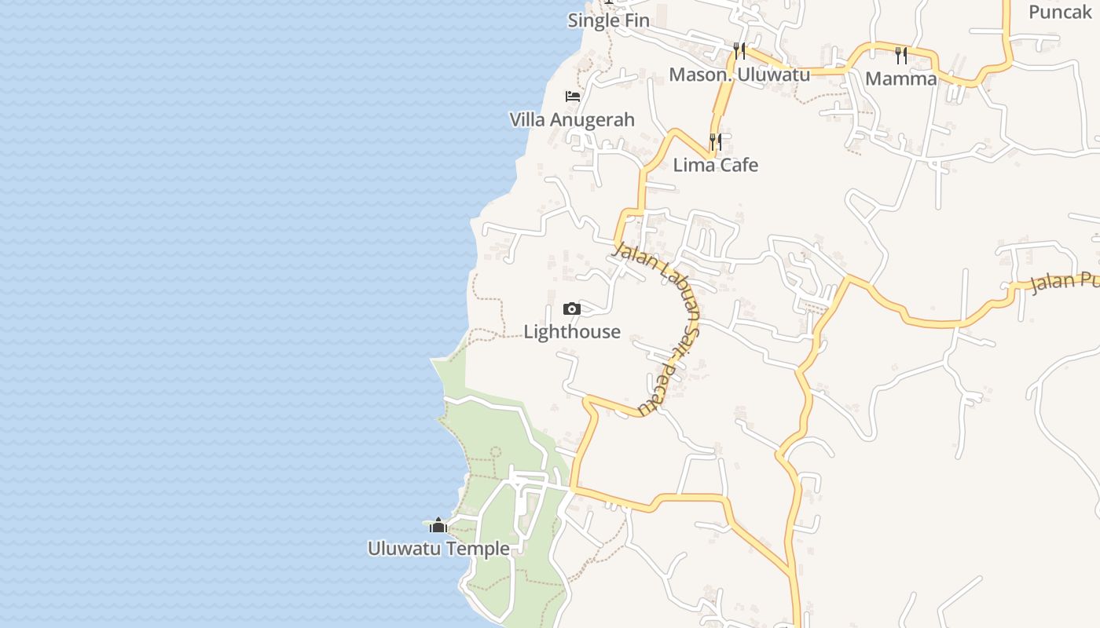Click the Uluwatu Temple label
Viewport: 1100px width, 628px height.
tap(438, 548)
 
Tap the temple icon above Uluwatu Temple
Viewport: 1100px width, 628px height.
tap(438, 525)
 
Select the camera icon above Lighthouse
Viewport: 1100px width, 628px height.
tap(572, 309)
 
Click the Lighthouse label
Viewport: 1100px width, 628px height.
tap(572, 331)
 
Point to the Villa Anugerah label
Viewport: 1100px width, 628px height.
tap(572, 120)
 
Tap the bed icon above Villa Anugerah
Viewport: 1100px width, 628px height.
tap(573, 97)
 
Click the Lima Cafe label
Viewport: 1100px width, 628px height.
tap(716, 165)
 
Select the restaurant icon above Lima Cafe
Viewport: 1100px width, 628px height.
tap(716, 141)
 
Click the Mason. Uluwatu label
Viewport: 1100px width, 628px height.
tap(739, 75)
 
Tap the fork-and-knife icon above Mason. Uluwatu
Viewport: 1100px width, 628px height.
tap(739, 51)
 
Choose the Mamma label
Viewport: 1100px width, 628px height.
tap(901, 78)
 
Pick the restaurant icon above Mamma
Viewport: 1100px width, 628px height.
tap(901, 55)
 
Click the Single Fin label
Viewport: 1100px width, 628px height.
tap(609, 20)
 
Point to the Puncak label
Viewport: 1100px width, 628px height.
tap(1061, 12)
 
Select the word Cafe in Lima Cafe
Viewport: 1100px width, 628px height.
tap(739, 165)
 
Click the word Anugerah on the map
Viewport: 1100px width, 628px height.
tap(594, 120)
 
